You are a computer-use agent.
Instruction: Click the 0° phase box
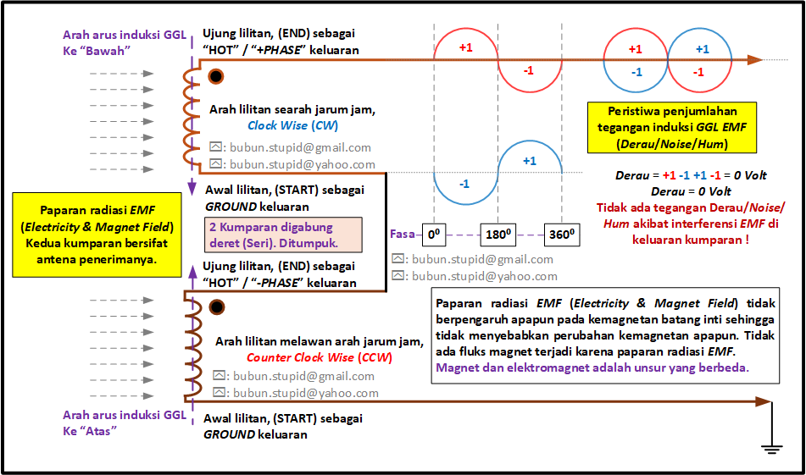pos(434,235)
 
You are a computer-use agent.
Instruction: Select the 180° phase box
pos(498,235)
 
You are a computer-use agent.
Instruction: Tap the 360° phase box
pos(562,235)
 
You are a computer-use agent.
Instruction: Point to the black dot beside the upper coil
pos(216,76)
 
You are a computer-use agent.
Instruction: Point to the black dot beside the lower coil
pos(217,307)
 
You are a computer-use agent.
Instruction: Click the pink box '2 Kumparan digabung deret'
pos(283,235)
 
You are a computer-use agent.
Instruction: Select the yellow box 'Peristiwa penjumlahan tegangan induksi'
pos(672,127)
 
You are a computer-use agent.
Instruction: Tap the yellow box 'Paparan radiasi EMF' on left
pos(97,235)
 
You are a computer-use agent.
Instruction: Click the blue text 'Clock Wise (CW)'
pos(292,125)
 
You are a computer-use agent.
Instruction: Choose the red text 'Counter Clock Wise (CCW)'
pos(320,357)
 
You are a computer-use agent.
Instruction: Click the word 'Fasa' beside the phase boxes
pos(402,235)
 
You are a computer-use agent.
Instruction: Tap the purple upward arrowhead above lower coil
pos(192,272)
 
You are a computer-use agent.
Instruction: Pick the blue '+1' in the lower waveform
pos(530,161)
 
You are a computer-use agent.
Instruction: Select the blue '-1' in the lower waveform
pos(464,184)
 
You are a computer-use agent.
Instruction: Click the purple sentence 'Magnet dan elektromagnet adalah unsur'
pos(592,367)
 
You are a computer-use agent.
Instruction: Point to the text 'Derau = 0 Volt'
pos(691,191)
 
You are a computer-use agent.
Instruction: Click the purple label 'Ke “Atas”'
pos(90,431)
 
